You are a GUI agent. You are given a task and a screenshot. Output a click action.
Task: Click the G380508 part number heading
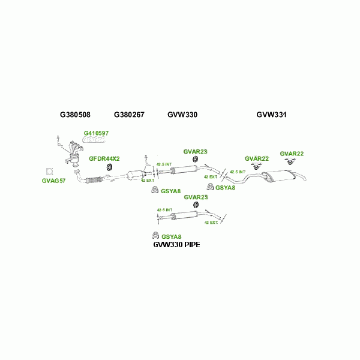[75, 114]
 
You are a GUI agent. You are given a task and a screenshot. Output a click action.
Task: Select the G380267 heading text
[129, 114]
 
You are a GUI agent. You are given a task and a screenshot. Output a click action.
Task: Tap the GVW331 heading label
[272, 114]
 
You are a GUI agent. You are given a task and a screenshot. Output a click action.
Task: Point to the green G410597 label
[96, 133]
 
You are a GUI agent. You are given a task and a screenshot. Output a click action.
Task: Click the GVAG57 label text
[53, 181]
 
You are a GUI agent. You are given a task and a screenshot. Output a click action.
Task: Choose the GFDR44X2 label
[104, 158]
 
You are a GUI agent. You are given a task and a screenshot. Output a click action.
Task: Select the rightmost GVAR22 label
[292, 154]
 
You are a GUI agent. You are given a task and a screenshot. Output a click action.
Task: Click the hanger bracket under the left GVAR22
[256, 166]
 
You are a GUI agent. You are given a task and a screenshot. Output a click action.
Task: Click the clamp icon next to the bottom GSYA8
[155, 235]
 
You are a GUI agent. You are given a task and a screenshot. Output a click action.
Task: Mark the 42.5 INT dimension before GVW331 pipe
[238, 172]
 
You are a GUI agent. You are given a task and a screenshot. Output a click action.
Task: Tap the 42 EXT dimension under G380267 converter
[148, 180]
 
